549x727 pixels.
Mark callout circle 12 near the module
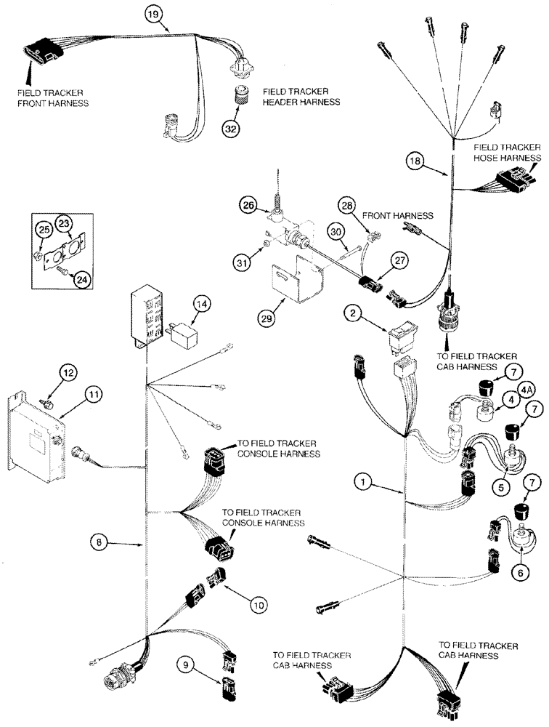[x=67, y=373]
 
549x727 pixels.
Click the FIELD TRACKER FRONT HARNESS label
[x=55, y=98]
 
